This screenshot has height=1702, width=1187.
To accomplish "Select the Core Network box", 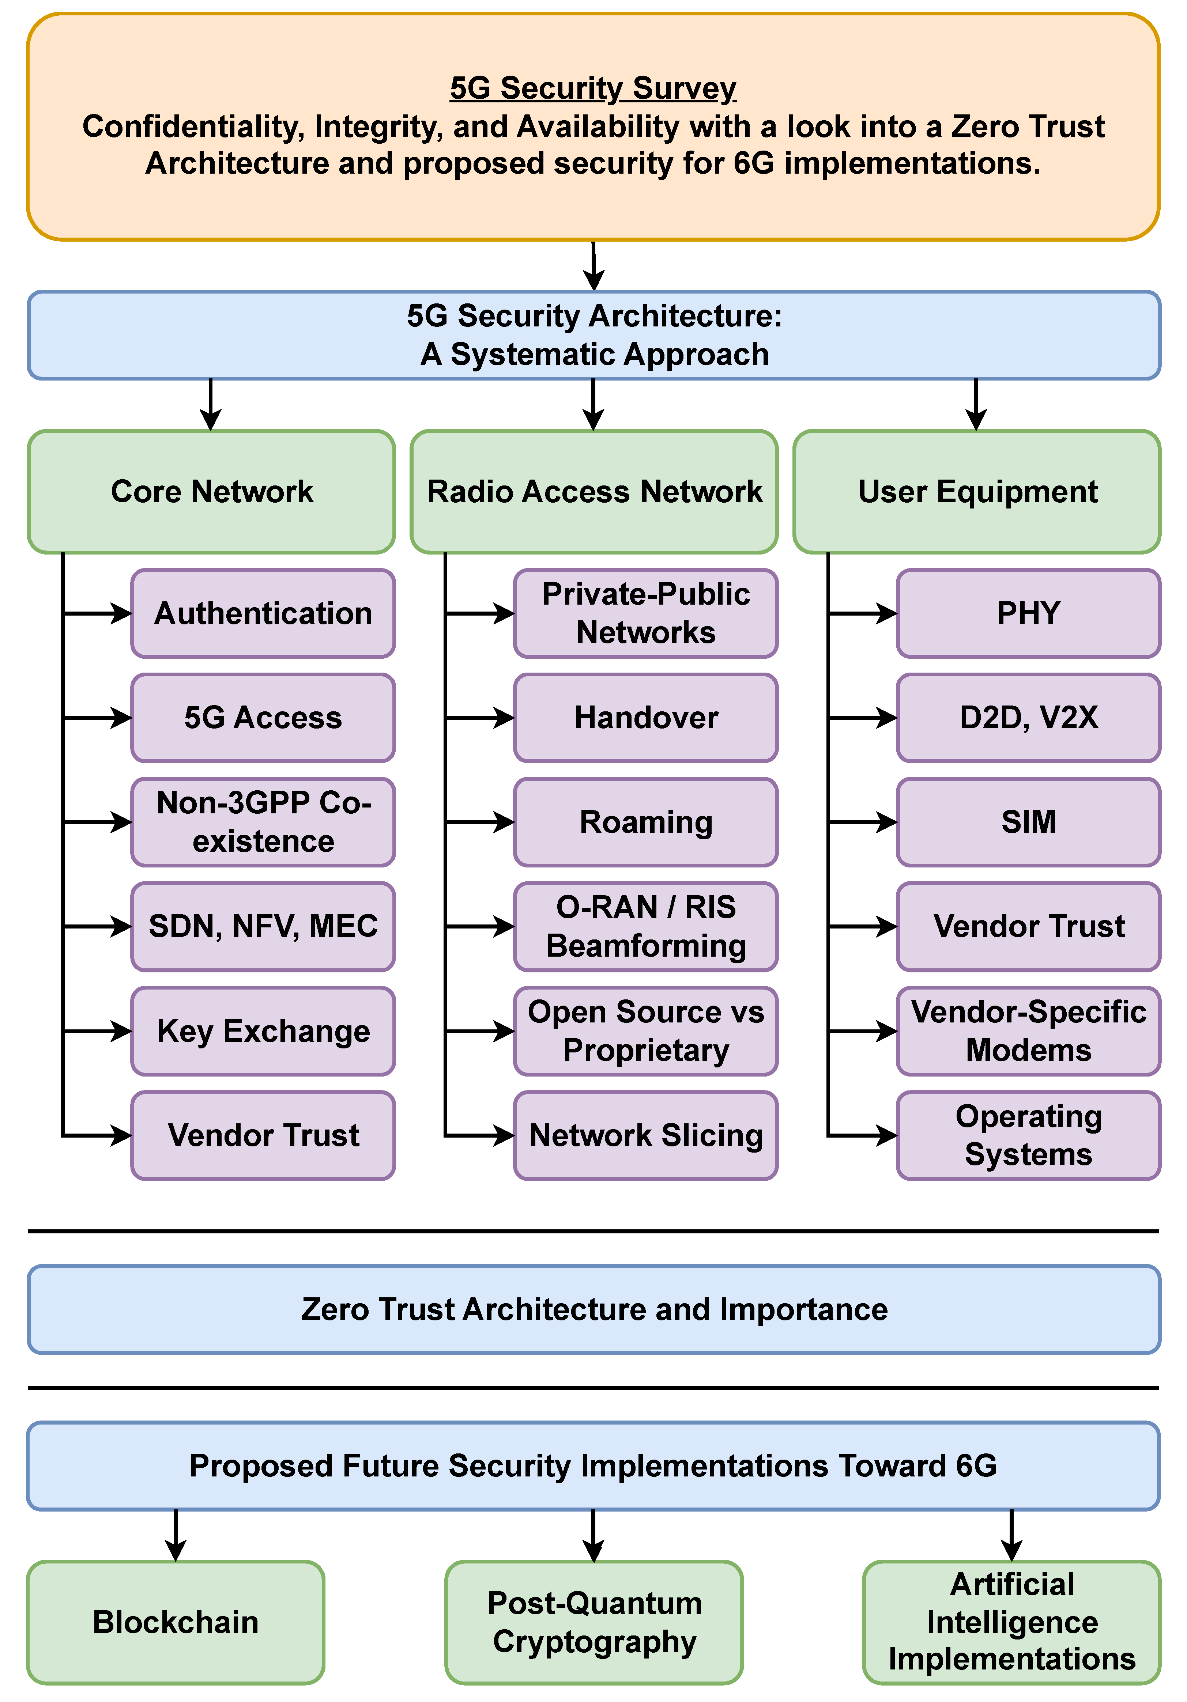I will click(211, 491).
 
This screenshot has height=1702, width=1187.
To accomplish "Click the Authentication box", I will click(263, 613).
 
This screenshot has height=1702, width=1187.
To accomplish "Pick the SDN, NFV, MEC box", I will click(263, 926).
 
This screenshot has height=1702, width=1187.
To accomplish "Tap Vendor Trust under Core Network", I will click(263, 1135).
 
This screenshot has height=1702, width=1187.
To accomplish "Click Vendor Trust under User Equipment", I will click(1028, 926).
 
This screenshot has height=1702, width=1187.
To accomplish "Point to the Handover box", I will click(646, 718).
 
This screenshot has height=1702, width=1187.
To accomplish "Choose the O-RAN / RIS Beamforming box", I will click(646, 926).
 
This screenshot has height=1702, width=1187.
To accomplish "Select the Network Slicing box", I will click(646, 1135).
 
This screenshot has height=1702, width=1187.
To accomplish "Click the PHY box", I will click(1028, 613).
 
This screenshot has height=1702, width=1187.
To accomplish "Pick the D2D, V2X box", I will click(1028, 718).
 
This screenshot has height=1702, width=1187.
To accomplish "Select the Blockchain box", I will click(176, 1622).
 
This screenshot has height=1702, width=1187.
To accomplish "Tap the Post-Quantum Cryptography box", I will click(594, 1622).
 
